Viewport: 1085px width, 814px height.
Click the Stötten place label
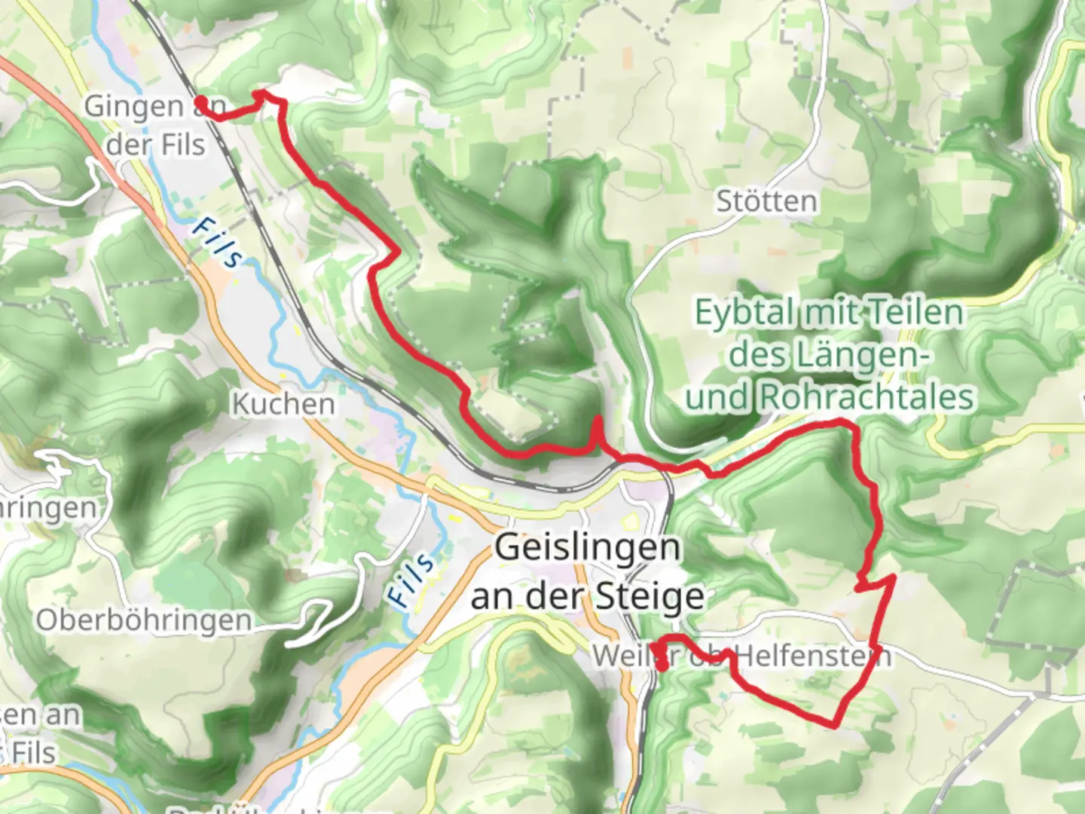766,201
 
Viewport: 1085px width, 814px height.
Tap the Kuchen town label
283,404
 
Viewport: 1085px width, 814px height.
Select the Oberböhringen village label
144,620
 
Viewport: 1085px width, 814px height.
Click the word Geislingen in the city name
587,548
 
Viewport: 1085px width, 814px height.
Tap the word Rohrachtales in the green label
867,396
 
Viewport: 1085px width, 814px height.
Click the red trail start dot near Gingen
201,102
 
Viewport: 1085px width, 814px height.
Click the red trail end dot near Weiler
662,666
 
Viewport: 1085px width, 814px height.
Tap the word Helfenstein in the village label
813,656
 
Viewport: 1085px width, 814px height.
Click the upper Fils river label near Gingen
217,243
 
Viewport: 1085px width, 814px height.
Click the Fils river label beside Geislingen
411,579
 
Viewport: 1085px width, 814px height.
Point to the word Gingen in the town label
133,106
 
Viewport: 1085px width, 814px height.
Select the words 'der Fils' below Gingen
155,144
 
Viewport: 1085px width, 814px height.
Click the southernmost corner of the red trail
835,726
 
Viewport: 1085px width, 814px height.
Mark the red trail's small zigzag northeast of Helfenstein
874,581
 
